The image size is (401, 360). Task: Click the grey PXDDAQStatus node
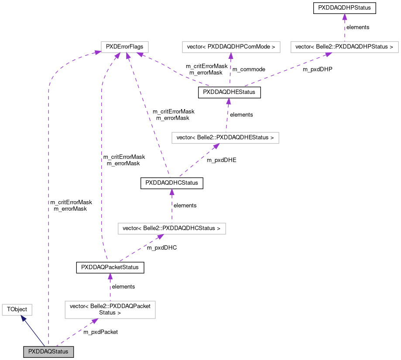pos(48,352)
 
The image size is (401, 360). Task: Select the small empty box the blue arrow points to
pos(17,310)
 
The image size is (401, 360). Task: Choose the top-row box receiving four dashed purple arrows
pos(125,47)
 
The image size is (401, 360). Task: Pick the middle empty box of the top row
pos(231,47)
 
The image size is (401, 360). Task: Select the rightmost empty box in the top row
pos(344,47)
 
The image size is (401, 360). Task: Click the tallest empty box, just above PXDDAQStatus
pos(110,310)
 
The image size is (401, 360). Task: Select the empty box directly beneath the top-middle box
pos(225,138)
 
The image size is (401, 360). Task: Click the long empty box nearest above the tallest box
pos(172,229)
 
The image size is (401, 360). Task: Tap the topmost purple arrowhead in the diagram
pos(345,17)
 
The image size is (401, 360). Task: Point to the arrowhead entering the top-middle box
pos(231,56)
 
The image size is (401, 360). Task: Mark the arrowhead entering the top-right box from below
pos(328,55)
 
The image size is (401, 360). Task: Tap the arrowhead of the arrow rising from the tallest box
pos(110,276)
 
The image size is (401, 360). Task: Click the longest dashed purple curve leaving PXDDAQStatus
pos(48,196)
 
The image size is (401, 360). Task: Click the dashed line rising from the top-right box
pos(345,31)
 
